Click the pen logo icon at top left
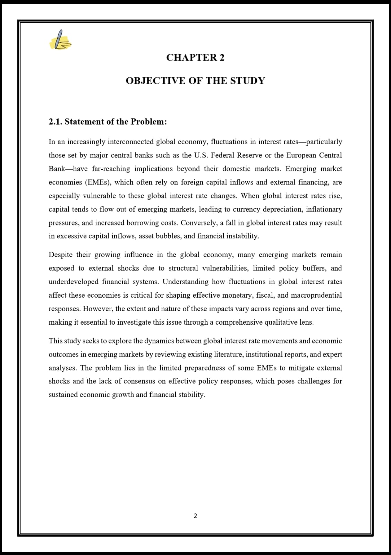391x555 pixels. click(x=61, y=40)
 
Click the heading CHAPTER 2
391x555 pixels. click(x=195, y=58)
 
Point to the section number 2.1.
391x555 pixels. click(x=55, y=122)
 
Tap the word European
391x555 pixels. click(x=301, y=155)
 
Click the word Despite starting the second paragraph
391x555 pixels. click(x=60, y=255)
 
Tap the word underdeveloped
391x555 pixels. click(x=73, y=282)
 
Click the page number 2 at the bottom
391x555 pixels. click(x=195, y=516)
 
